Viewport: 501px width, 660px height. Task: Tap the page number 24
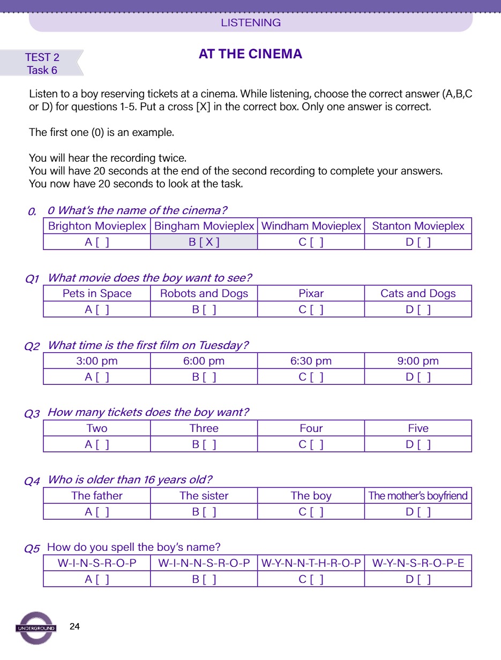coord(75,627)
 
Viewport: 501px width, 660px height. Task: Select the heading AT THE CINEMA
coord(250,54)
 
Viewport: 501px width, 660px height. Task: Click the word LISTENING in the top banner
coord(251,22)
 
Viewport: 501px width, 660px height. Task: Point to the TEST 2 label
coord(42,57)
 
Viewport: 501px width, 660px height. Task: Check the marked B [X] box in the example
coord(204,242)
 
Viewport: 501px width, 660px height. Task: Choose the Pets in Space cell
coord(97,293)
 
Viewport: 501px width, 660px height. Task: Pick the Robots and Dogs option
coord(204,293)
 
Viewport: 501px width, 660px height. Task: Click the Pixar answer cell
coord(311,293)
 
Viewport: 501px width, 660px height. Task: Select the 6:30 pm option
coord(311,361)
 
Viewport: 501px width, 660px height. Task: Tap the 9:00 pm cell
coord(418,361)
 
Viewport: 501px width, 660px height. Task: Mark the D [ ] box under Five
coord(418,444)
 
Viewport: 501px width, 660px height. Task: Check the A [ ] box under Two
coord(97,444)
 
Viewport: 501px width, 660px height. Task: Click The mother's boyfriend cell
coord(418,496)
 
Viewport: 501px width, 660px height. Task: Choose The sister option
coord(204,496)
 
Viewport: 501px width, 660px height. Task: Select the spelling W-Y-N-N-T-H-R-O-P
coord(311,563)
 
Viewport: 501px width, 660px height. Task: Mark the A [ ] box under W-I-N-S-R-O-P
coord(97,579)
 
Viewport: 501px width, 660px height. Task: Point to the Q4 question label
coord(32,481)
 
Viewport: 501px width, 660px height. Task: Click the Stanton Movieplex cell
coord(418,226)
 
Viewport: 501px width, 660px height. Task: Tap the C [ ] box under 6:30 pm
coord(311,377)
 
